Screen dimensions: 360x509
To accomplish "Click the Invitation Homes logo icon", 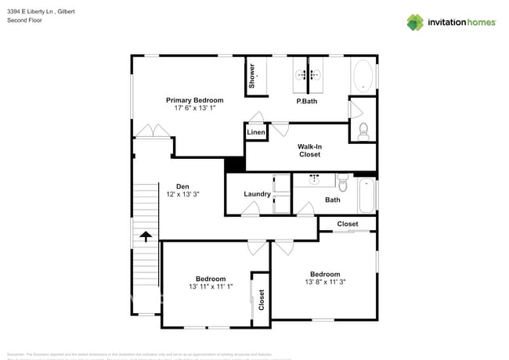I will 415,22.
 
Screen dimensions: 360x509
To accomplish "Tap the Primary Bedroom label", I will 194,100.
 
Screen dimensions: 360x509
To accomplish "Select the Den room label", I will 182,186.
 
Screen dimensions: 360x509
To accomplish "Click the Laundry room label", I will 257,194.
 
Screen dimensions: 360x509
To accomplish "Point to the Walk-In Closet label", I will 309,150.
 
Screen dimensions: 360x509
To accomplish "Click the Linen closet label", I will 256,133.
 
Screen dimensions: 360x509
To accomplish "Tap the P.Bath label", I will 305,102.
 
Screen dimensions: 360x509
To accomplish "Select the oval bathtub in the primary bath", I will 363,77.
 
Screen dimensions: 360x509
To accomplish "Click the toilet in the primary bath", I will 363,131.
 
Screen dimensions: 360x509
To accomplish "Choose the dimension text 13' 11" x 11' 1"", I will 211,286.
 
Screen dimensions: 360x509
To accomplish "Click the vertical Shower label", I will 252,75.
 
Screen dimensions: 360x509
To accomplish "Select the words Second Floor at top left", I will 24,20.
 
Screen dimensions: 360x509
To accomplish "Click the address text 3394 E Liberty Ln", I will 34,10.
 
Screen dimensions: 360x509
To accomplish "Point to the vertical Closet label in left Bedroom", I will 262,299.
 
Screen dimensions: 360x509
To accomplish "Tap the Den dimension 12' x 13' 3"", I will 182,194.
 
